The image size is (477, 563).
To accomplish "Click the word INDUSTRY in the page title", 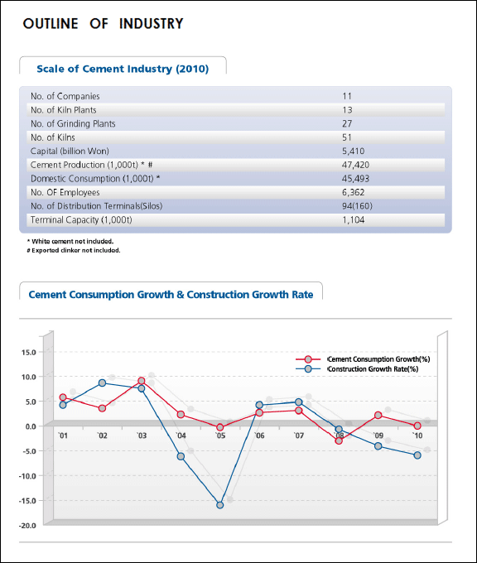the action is point(152,24).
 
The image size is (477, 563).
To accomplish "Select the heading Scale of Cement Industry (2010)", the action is point(123,69).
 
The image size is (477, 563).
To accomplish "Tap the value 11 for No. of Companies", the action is point(347,96).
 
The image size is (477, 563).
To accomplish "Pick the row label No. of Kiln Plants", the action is point(64,110).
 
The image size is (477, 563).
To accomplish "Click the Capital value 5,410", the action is point(354,152).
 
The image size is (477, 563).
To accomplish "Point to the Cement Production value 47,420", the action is point(355,165).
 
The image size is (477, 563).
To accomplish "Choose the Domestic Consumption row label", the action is point(95,179).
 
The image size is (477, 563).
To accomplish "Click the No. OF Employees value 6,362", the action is point(354,192).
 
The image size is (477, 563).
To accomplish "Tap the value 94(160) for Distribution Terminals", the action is point(358,206).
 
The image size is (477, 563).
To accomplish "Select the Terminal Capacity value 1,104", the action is point(354,219).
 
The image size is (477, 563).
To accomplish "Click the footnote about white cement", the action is point(70,241).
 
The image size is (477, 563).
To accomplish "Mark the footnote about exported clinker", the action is point(74,250).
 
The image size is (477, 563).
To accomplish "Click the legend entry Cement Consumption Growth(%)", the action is point(378,359).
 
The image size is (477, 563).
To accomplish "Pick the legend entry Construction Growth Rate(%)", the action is point(373,368).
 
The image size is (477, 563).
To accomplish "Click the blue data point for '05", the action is point(220,505).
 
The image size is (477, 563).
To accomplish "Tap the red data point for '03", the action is point(142,381).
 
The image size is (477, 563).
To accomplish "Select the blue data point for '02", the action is point(103,383).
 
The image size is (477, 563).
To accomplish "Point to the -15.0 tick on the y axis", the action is point(27,501).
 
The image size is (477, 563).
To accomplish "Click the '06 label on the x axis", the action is point(259,435).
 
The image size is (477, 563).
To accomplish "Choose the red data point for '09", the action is point(378,415).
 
